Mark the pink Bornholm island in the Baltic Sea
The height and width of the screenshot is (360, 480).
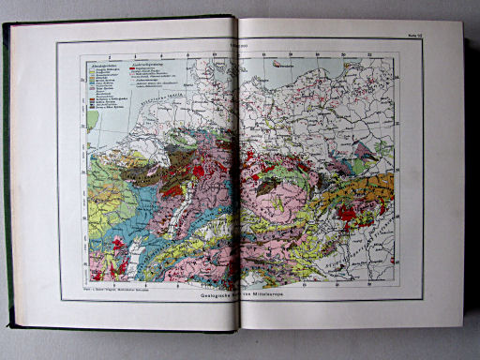coord(281,67)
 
